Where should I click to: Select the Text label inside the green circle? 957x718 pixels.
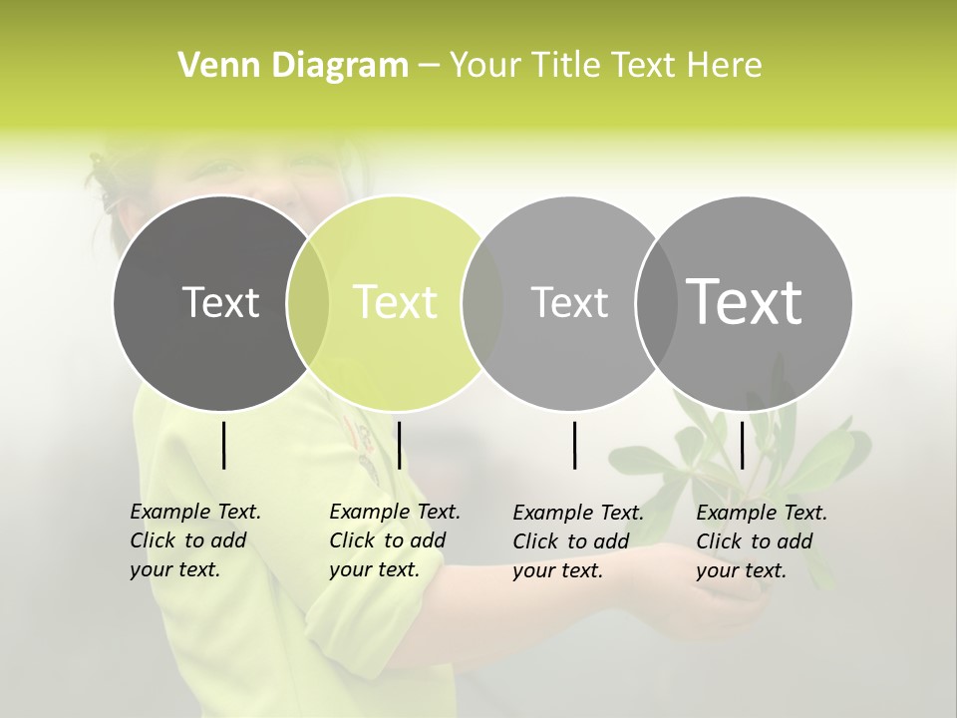[x=396, y=302]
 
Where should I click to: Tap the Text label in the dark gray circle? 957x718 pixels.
[x=220, y=302]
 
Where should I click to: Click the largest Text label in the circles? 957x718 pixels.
[x=744, y=302]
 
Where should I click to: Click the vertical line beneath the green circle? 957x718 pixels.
[x=399, y=445]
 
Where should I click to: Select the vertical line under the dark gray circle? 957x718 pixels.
[x=223, y=445]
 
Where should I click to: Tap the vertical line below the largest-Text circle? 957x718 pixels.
[x=742, y=445]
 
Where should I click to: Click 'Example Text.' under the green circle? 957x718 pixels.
[x=395, y=512]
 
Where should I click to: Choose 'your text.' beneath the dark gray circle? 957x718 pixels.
[x=174, y=570]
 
